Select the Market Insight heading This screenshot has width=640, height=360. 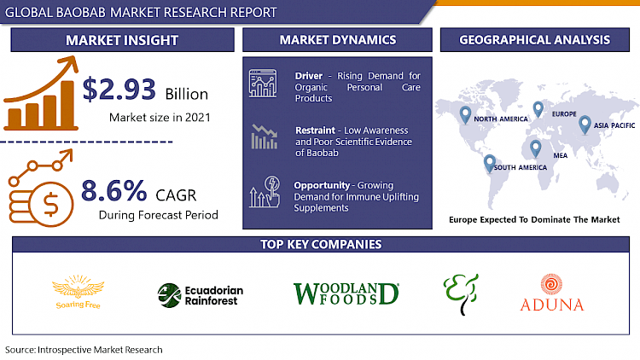click(x=123, y=40)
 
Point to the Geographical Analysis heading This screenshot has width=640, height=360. click(x=534, y=40)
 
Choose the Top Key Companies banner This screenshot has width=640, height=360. click(x=320, y=245)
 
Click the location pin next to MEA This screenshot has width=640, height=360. click(x=535, y=148)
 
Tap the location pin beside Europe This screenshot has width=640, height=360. click(x=538, y=108)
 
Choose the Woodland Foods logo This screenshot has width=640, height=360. click(x=346, y=293)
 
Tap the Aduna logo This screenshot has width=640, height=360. click(x=551, y=294)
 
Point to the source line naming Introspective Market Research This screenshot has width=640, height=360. click(x=84, y=350)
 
